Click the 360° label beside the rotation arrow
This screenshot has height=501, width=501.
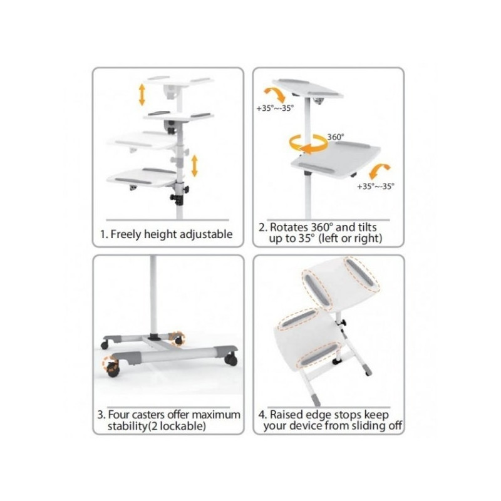pos(336,137)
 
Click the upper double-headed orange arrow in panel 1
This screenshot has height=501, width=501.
pos(142,95)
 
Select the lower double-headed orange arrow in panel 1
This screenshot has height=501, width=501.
pos(194,166)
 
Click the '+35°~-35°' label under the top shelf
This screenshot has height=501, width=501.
pos(275,108)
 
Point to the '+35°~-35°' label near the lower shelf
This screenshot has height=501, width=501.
pos(376,186)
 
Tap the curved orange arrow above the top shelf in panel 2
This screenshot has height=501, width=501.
pos(276,95)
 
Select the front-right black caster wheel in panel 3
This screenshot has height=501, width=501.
pos(231,359)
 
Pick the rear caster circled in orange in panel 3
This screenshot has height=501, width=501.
pos(178,339)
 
